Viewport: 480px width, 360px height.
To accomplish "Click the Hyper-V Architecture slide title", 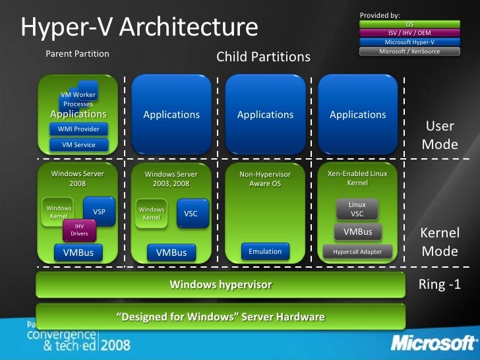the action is pyautogui.click(x=139, y=28).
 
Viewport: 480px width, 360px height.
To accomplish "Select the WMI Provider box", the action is pyautogui.click(x=78, y=129).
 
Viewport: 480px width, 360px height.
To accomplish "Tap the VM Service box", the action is pyautogui.click(x=78, y=145).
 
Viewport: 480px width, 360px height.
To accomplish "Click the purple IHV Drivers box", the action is pyautogui.click(x=79, y=230).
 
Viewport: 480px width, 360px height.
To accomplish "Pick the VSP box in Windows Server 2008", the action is pyautogui.click(x=99, y=212).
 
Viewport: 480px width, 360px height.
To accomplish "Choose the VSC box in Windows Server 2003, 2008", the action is pyautogui.click(x=191, y=214).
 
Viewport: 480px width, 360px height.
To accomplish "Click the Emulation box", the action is pyautogui.click(x=265, y=251).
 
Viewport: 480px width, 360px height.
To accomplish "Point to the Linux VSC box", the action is pyautogui.click(x=357, y=209).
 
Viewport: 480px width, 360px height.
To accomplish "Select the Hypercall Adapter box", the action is pyautogui.click(x=357, y=251).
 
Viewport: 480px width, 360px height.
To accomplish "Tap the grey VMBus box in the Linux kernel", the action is pyautogui.click(x=357, y=231).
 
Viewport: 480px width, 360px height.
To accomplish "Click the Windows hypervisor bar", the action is pyautogui.click(x=220, y=285).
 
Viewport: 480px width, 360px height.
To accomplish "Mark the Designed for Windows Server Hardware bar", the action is pyautogui.click(x=220, y=317).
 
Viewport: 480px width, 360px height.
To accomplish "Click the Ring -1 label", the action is pyautogui.click(x=438, y=285).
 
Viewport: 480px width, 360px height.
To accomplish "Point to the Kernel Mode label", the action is pyautogui.click(x=439, y=242).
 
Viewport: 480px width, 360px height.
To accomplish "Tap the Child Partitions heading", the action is pyautogui.click(x=263, y=57).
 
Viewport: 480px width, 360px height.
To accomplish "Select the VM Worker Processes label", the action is pyautogui.click(x=78, y=100).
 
